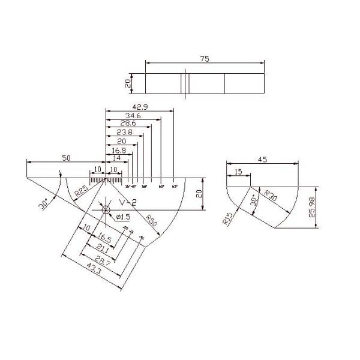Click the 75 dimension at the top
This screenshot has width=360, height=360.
pyautogui.click(x=205, y=59)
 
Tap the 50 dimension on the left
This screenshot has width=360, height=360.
pyautogui.click(x=67, y=158)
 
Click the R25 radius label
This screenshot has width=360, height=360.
pyautogui.click(x=80, y=191)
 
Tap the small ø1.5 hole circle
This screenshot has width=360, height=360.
pyautogui.click(x=106, y=209)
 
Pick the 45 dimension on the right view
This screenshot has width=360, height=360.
pyautogui.click(x=262, y=160)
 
